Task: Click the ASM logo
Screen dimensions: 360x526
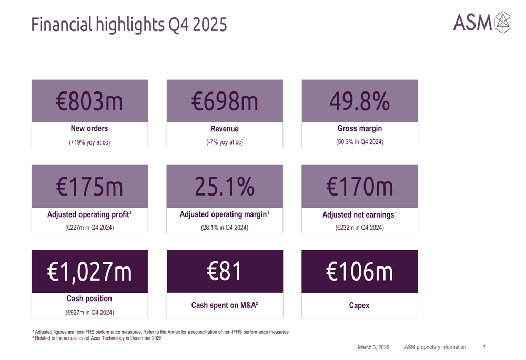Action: (481, 22)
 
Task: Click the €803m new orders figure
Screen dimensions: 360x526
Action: (89, 101)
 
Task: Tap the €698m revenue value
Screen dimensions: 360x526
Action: (225, 101)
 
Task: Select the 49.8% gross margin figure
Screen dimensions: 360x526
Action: (359, 101)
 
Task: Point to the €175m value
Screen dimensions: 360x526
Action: (89, 187)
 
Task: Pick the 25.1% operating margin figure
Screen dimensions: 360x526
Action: (225, 187)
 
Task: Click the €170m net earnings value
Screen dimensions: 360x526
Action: (359, 187)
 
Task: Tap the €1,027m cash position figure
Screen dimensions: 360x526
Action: (89, 272)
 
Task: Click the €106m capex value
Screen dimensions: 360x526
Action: (359, 272)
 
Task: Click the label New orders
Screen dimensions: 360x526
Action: (89, 129)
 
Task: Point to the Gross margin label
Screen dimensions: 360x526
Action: (359, 129)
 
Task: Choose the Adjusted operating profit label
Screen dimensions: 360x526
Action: (89, 214)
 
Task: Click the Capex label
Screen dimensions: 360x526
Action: (359, 305)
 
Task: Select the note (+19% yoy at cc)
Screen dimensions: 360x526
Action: (89, 142)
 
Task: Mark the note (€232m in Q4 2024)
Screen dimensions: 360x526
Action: (359, 228)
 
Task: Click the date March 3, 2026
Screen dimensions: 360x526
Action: (373, 347)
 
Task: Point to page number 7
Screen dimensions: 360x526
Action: (484, 347)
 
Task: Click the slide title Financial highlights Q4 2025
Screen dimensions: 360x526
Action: (129, 24)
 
